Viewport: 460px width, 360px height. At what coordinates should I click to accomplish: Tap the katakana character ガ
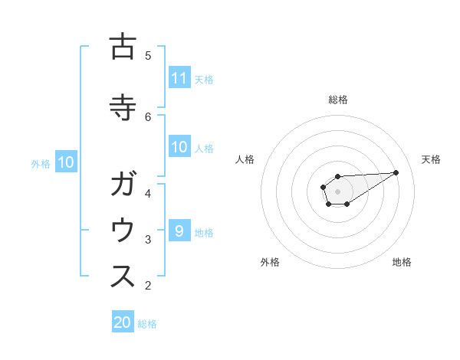click(x=123, y=185)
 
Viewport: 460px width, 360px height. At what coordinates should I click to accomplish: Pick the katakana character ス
click(x=123, y=277)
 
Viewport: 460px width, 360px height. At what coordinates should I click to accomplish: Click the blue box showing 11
click(x=179, y=78)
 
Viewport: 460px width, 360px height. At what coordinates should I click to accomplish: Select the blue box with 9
click(x=179, y=231)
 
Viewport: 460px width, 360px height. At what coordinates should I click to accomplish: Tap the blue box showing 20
click(x=123, y=322)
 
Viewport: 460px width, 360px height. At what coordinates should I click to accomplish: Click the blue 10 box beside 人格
click(x=179, y=148)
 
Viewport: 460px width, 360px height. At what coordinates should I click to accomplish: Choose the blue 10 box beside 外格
click(x=65, y=162)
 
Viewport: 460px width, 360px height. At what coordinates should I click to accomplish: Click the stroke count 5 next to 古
click(x=148, y=55)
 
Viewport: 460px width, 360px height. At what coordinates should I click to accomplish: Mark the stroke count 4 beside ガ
click(x=148, y=193)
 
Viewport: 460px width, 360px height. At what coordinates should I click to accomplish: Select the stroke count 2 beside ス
click(x=148, y=286)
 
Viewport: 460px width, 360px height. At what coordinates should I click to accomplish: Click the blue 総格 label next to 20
click(x=147, y=323)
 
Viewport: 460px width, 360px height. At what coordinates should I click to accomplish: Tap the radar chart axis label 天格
click(x=431, y=159)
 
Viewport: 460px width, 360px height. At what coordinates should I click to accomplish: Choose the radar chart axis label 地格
click(x=402, y=262)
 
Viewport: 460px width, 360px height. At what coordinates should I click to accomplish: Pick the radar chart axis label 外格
click(x=270, y=262)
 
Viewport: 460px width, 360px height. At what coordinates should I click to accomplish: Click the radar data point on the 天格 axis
click(x=396, y=172)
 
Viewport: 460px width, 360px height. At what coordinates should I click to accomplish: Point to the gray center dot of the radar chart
click(x=337, y=191)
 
